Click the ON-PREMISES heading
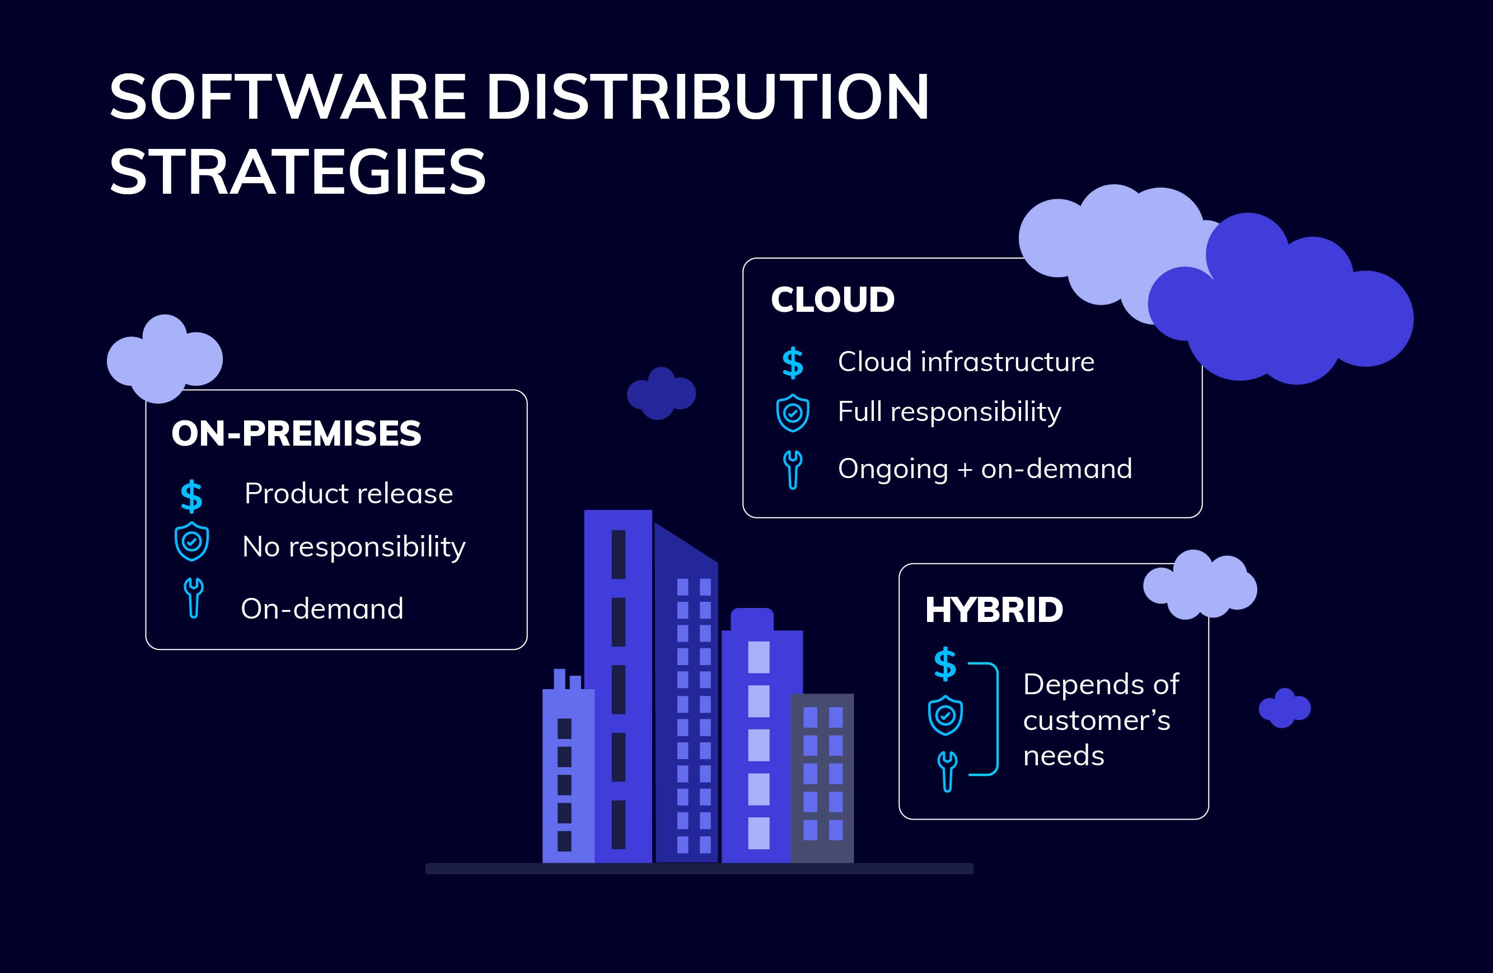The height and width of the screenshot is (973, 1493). click(296, 433)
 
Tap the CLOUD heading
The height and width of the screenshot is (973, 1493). click(832, 300)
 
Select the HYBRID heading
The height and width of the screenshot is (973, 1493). click(994, 610)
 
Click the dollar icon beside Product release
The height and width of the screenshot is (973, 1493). click(191, 496)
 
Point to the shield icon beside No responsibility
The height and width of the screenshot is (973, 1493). click(191, 541)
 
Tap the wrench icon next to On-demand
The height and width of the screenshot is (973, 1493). click(193, 598)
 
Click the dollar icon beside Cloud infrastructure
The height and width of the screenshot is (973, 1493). click(792, 363)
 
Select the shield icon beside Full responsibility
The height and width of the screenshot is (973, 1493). click(792, 413)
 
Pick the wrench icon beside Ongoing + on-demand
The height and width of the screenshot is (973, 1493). click(792, 469)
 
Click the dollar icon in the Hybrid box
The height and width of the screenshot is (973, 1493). click(945, 664)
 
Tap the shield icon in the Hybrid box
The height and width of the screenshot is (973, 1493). click(945, 715)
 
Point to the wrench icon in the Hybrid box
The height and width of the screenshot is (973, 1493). click(947, 771)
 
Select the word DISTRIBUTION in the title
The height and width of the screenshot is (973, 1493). click(707, 97)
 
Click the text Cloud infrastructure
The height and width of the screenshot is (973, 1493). click(966, 362)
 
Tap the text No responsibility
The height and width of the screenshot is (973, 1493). click(354, 547)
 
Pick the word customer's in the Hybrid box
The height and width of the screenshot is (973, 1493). click(1097, 720)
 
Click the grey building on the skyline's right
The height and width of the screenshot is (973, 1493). click(822, 778)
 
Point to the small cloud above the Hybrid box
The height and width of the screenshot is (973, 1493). click(1200, 585)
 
